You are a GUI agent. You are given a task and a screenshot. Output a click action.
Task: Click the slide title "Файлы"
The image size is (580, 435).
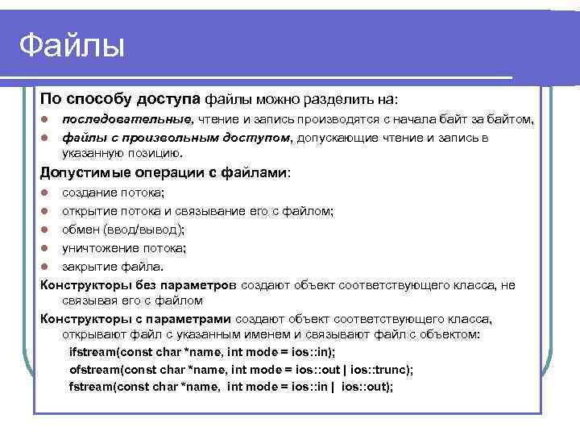[x=72, y=45]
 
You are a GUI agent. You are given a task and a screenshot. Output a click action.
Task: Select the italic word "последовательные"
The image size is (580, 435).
[x=127, y=119]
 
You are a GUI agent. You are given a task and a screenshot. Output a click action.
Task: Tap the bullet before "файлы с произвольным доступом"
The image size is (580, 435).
[x=46, y=138]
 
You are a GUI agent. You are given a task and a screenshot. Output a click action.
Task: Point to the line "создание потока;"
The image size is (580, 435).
[x=113, y=192]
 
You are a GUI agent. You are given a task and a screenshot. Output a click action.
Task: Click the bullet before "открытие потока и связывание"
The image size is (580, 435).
[x=46, y=211]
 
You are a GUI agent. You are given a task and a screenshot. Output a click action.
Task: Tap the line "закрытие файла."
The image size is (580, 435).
[x=112, y=267]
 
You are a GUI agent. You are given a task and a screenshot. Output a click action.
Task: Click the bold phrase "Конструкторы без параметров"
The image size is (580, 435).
[x=139, y=284]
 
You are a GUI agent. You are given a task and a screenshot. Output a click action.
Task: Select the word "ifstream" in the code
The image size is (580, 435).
[x=93, y=352]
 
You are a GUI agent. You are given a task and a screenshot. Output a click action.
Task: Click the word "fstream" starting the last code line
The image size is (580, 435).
[x=92, y=387]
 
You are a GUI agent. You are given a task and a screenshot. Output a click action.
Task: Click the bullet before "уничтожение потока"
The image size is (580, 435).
[x=46, y=248]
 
